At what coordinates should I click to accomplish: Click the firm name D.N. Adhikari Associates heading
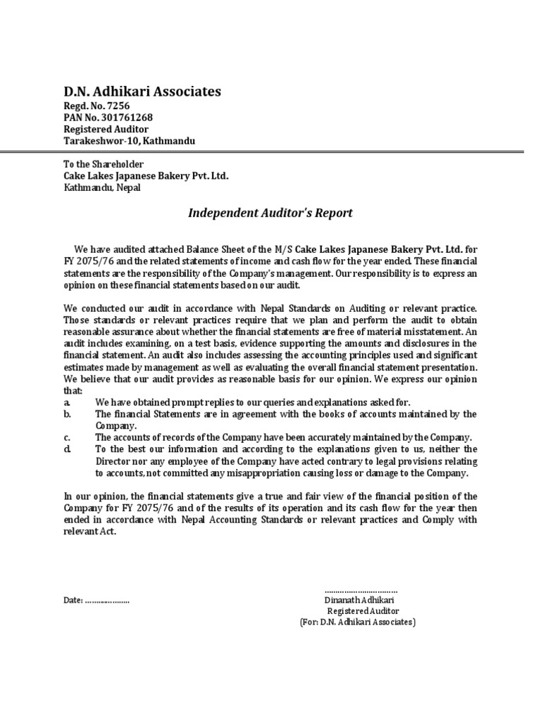point(142,92)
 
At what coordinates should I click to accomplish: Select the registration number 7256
point(117,106)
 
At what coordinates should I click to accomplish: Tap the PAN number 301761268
point(127,118)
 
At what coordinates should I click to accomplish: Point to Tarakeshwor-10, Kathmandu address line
point(130,141)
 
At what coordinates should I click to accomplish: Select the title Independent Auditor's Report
point(270,213)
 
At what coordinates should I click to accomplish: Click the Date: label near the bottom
point(73,601)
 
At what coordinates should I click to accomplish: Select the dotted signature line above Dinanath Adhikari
point(361,590)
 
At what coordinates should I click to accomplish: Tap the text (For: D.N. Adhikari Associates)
point(358,623)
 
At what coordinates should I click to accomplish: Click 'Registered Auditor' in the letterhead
point(106,130)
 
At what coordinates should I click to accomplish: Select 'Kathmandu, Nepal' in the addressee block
point(101,188)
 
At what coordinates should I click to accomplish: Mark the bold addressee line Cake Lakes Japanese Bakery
point(146,176)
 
